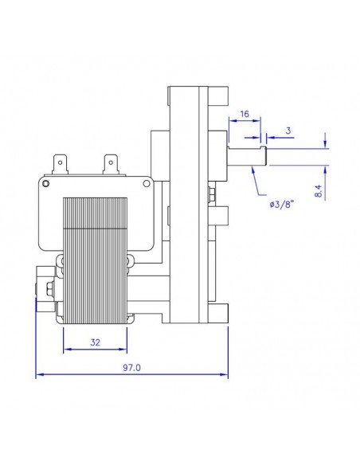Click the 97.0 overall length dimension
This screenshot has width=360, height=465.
coord(131,368)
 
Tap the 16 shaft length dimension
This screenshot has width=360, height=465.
coord(245,115)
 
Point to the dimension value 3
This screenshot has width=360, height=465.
coord(289,129)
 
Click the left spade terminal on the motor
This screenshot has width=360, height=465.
coord(61,164)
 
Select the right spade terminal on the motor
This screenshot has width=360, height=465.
coord(112,164)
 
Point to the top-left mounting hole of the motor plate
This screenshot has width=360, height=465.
coord(46,184)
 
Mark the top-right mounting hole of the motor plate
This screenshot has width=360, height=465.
coord(145,184)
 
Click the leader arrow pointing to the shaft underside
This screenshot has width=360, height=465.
coord(249,170)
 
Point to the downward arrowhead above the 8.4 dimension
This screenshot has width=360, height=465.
coord(325,143)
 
